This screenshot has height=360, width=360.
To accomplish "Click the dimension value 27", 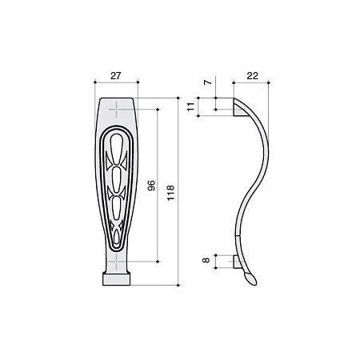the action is click(115, 76).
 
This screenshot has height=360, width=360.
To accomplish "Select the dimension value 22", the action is click(252, 76).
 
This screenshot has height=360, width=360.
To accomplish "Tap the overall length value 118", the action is click(170, 193).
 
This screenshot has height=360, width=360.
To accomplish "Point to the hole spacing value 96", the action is click(151, 186).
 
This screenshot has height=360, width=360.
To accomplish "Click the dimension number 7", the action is click(208, 82).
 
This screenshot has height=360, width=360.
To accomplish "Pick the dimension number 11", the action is click(190, 106).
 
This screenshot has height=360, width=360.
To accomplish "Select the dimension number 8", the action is click(206, 260).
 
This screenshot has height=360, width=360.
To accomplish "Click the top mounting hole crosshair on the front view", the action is click(117, 110).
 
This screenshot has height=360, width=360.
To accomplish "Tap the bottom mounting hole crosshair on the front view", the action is click(117, 262).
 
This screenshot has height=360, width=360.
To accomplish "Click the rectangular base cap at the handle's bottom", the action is click(117, 278).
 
